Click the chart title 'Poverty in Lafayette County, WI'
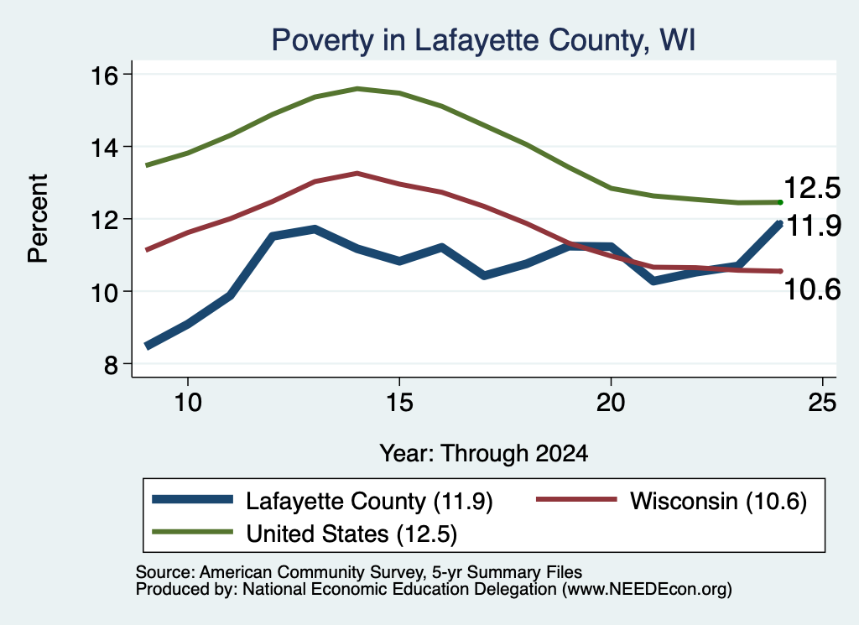pos(483,40)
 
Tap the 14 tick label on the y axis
pos(104,148)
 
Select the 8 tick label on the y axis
pos(112,364)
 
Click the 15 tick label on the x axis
pos(399,403)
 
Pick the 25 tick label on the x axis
pos(822,403)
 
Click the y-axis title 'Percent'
pos(38,219)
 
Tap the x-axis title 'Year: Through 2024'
pos(484,454)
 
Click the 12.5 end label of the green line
pos(812,188)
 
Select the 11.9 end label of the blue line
pos(814,225)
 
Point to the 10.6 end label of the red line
pos(812,289)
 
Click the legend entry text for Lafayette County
pos(369,501)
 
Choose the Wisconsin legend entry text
pos(718,501)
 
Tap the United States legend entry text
pos(351,534)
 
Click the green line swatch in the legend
pos(193,532)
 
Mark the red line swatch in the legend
pos(576,499)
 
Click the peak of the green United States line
pos(357,88)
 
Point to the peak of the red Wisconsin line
pos(357,173)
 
